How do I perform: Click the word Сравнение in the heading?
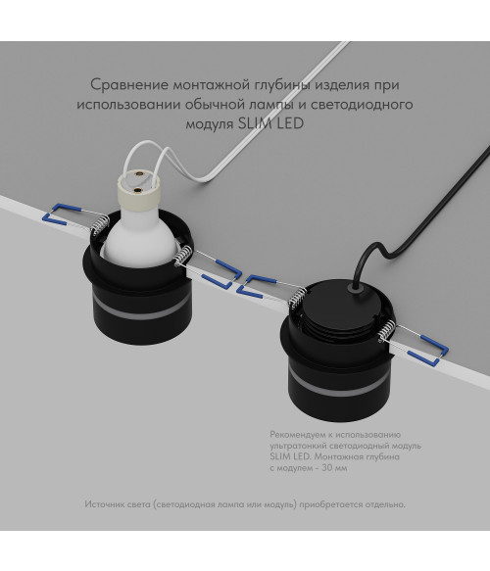pos(129,84)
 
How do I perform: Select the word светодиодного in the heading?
pos(362,105)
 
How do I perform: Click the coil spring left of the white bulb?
pos(99,224)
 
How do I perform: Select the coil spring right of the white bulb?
pos(182,256)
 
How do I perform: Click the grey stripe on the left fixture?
pos(141,309)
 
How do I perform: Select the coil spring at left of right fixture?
pos(298,295)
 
